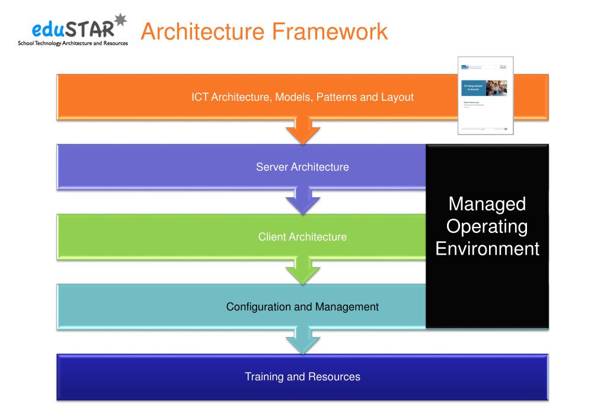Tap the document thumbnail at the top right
tap(485, 96)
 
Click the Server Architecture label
tap(302, 167)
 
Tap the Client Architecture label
tap(302, 237)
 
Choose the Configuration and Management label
tap(302, 307)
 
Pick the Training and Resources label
tap(302, 377)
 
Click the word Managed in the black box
tap(487, 204)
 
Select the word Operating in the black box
tap(487, 226)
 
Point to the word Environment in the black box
tap(487, 248)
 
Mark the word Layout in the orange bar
tap(397, 97)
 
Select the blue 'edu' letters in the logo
tap(49, 29)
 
